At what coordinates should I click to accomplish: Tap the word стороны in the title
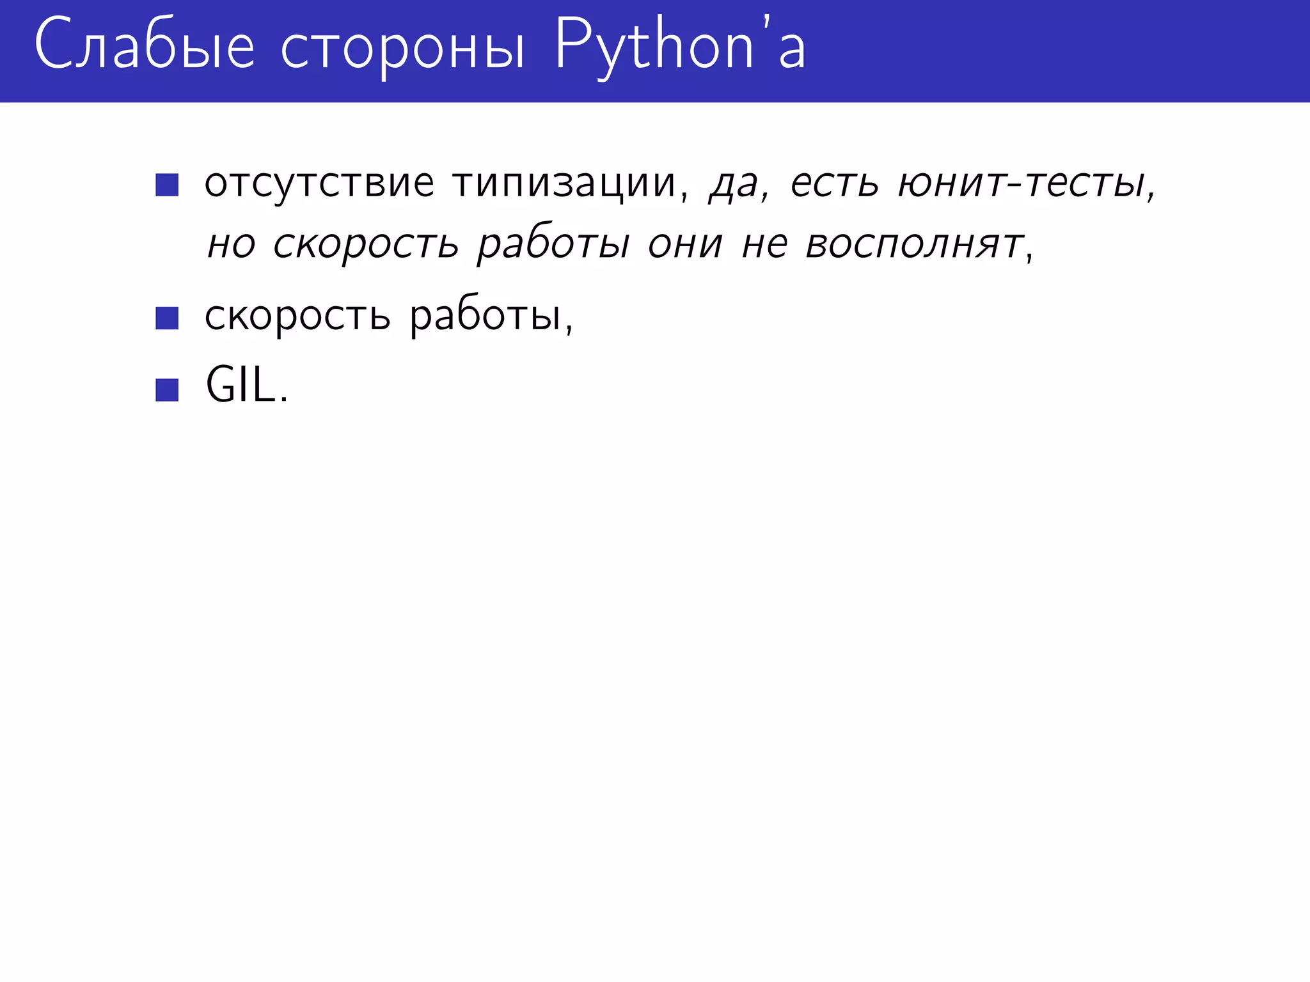pyautogui.click(x=403, y=49)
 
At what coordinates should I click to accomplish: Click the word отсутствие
pyautogui.click(x=319, y=183)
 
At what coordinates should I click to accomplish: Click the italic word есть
pyautogui.click(x=835, y=183)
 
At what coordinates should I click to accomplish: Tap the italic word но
pyautogui.click(x=232, y=245)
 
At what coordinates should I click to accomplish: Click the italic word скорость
pyautogui.click(x=366, y=245)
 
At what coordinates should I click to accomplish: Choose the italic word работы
pyautogui.click(x=553, y=245)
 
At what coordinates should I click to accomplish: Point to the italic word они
pyautogui.click(x=685, y=245)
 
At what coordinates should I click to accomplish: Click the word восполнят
pyautogui.click(x=915, y=245)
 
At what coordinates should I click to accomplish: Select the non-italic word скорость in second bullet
pyautogui.click(x=297, y=316)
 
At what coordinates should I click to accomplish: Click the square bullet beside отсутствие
pyautogui.click(x=167, y=185)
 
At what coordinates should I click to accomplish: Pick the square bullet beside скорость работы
pyautogui.click(x=167, y=318)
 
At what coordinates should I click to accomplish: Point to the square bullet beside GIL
pyautogui.click(x=167, y=390)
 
